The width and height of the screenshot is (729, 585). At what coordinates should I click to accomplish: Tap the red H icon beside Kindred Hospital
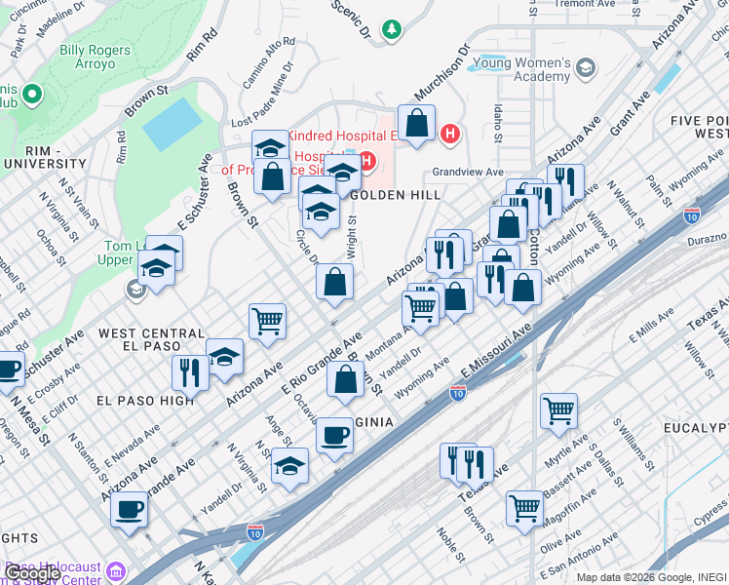click(x=449, y=134)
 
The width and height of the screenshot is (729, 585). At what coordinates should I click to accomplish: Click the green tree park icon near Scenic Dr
click(x=392, y=30)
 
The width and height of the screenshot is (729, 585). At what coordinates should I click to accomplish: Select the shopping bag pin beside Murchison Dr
click(x=416, y=124)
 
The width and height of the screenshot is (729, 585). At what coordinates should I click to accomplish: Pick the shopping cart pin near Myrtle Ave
click(x=558, y=410)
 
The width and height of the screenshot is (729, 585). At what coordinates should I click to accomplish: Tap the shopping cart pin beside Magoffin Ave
click(x=524, y=507)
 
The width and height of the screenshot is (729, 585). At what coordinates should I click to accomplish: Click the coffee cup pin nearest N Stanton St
click(x=129, y=508)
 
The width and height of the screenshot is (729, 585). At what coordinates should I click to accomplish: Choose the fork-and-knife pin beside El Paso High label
click(x=189, y=371)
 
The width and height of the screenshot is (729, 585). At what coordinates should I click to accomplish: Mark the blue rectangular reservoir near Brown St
click(x=173, y=124)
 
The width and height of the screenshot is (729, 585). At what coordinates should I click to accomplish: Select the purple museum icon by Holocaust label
click(x=116, y=570)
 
